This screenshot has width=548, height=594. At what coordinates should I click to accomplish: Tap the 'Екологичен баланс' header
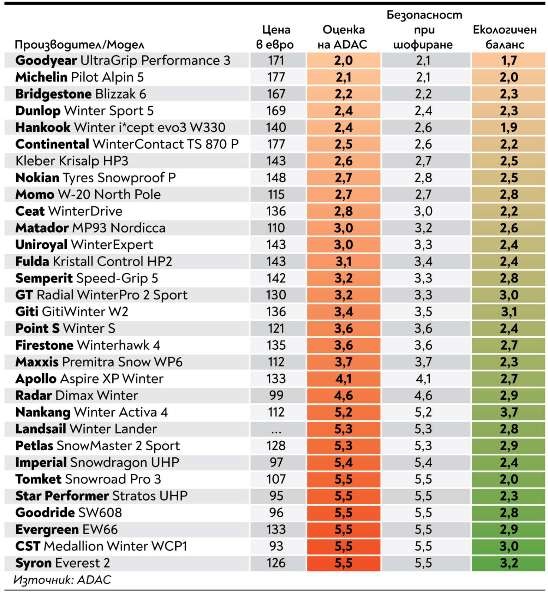tap(505, 37)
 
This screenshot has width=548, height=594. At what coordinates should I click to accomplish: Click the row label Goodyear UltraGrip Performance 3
tap(123, 61)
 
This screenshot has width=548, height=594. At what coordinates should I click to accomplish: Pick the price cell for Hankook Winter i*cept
tap(276, 127)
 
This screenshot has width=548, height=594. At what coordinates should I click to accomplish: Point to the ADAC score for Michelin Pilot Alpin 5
tap(343, 77)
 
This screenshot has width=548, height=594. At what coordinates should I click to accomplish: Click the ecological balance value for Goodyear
tap(509, 61)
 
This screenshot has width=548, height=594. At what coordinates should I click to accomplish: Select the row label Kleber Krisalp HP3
tap(72, 161)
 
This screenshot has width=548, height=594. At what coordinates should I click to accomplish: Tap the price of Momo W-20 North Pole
tap(276, 195)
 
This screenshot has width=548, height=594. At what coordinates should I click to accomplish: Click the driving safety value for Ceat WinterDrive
tap(423, 211)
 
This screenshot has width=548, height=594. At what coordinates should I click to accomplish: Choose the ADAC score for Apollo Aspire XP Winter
tap(343, 379)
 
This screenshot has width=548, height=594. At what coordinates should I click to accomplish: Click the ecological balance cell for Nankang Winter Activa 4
tap(509, 412)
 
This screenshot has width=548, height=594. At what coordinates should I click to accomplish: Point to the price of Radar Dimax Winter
tap(276, 395)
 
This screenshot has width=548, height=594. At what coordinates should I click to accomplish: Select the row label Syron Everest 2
tap(63, 563)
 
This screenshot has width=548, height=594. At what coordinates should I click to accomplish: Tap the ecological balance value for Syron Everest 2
tap(509, 563)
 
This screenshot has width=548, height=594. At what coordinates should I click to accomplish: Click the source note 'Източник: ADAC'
tap(62, 580)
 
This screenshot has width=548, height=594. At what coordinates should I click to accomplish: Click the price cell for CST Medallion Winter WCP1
tap(276, 546)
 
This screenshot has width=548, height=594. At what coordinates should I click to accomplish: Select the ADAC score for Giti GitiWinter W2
tap(343, 312)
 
